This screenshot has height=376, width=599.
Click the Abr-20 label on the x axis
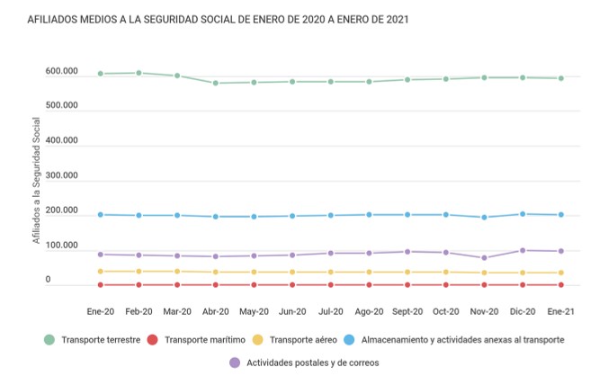[215, 311]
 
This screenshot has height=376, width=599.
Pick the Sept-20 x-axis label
[407, 311]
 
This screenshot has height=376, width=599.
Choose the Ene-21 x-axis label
[560, 311]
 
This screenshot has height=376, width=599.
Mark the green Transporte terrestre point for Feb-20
[139, 73]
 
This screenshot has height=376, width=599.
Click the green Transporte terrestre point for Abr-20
[215, 83]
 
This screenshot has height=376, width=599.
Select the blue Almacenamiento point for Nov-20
[484, 217]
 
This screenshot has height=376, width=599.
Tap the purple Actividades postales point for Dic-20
[523, 250]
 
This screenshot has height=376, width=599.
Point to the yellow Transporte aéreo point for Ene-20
[100, 272]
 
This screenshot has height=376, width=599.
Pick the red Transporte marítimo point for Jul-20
[330, 285]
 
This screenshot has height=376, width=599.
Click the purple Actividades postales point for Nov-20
[484, 258]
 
